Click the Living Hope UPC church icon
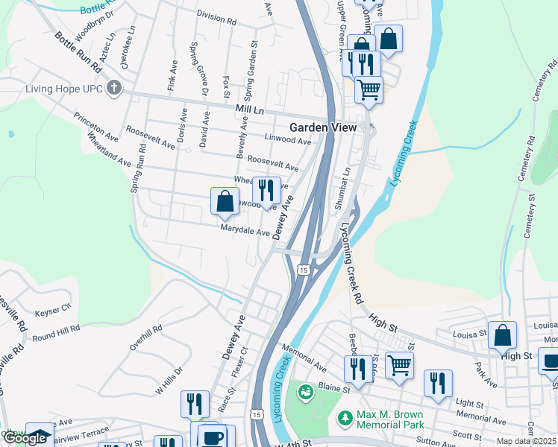(114, 89)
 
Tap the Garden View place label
(323, 127)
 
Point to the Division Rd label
(216, 17)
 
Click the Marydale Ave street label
(245, 232)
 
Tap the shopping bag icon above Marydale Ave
(225, 201)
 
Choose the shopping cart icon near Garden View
(369, 89)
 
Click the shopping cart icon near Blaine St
(399, 366)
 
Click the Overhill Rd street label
(145, 337)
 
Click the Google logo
(24, 439)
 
